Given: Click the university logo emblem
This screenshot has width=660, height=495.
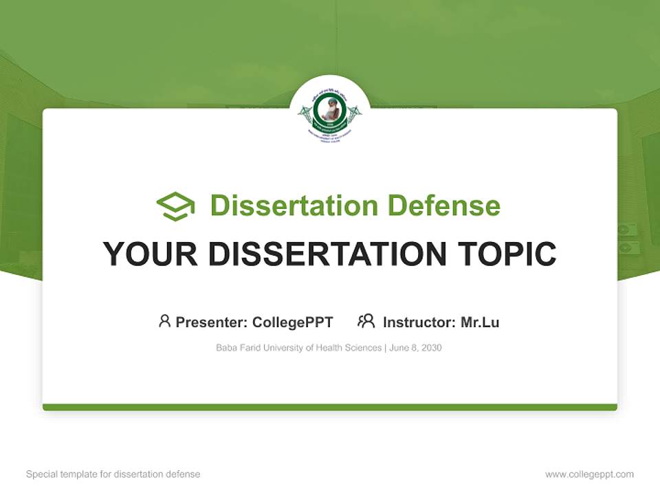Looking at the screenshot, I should point(330,114).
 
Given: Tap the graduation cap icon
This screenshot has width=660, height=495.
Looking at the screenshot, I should point(175,206).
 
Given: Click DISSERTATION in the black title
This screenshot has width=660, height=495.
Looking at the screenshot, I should point(327,254).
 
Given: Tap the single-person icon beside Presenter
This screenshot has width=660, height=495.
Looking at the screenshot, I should point(164,321).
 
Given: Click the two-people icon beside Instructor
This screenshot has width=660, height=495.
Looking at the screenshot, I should point(366,321).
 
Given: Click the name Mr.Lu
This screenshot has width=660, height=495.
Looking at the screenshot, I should point(480,322).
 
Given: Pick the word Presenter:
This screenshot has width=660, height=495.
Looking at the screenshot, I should point(212,322).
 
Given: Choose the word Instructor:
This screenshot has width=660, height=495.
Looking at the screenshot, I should point(419,322).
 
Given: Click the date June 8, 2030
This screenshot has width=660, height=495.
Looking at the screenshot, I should point(415,348).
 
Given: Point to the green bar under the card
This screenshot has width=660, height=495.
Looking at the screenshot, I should point(330,407).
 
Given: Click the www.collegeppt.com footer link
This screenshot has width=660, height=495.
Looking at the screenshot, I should point(589,474).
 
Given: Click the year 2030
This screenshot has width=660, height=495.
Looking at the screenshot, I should point(431,348).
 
